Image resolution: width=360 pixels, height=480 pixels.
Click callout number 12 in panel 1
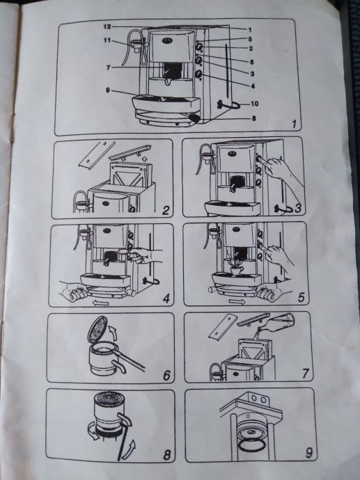click(107, 26)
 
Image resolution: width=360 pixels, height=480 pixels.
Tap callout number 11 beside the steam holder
click(107, 40)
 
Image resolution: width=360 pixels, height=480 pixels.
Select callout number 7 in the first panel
click(108, 67)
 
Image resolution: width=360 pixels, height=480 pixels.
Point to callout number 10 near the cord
click(255, 104)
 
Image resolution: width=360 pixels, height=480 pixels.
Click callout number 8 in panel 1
click(253, 118)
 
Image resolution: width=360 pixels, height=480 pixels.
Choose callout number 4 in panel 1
click(253, 86)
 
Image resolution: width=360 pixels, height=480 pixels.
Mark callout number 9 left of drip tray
click(108, 90)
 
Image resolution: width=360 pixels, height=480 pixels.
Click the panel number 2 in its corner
click(166, 211)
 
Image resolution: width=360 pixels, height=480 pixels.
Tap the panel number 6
click(166, 376)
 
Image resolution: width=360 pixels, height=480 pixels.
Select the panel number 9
click(309, 453)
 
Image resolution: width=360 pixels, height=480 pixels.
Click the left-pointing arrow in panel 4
click(100, 303)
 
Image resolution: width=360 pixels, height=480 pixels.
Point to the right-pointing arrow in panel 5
click(237, 303)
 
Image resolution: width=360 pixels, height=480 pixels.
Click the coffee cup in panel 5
click(237, 271)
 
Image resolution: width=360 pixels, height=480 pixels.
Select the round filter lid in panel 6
click(97, 329)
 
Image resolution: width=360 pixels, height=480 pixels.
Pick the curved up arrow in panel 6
click(112, 332)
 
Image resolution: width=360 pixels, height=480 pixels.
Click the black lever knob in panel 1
click(194, 118)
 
